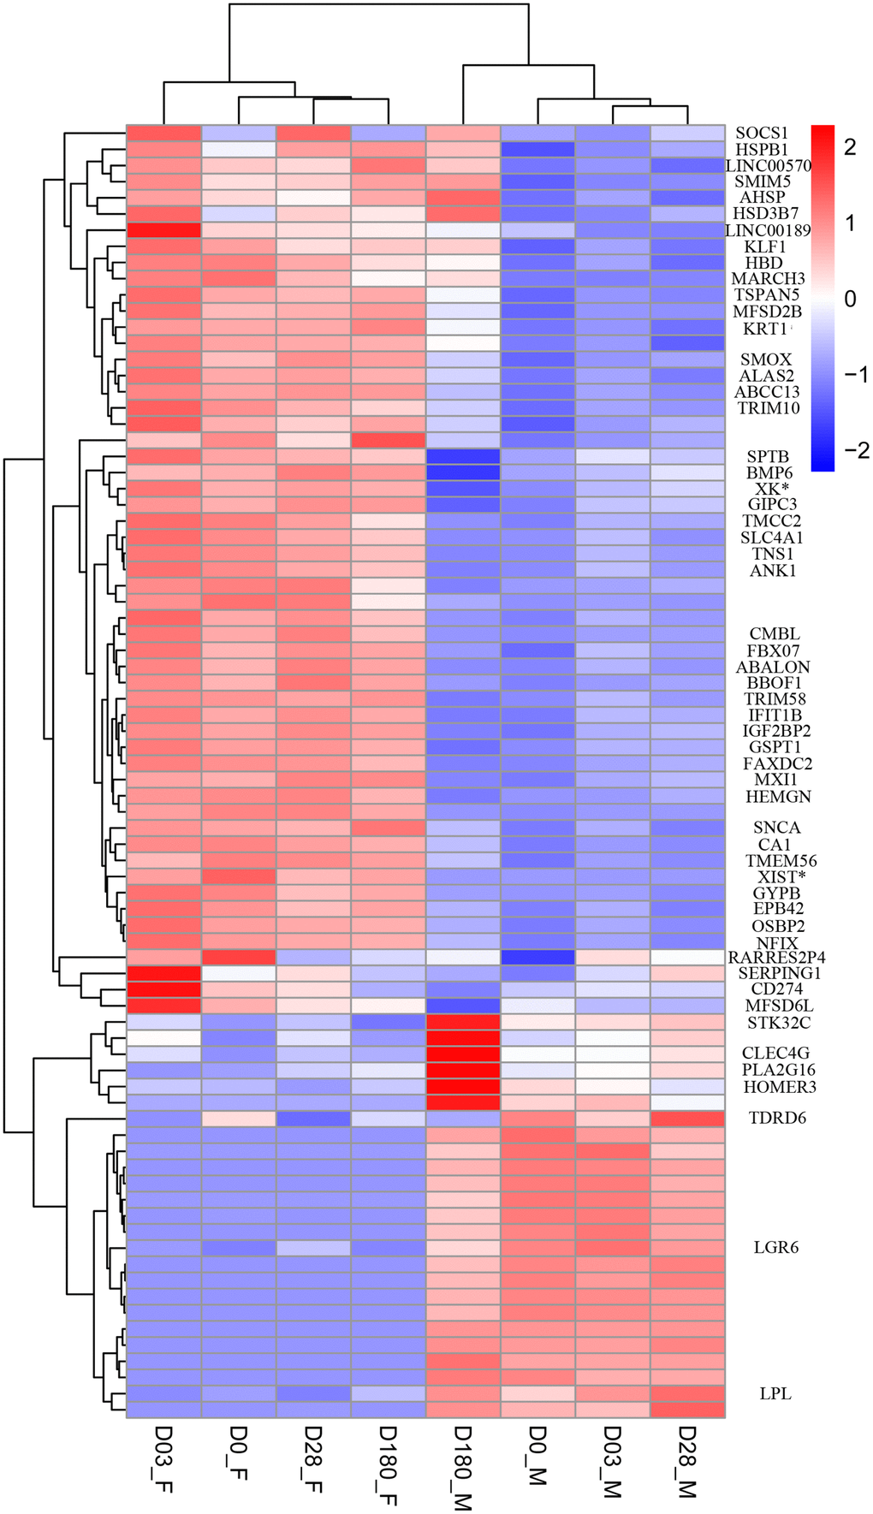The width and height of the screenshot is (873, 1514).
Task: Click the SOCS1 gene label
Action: coord(762,134)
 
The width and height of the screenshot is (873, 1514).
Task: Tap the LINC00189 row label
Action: coord(768,230)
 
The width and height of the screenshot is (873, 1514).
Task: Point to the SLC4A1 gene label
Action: coord(771,537)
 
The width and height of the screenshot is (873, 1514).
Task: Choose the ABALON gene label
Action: coord(773,668)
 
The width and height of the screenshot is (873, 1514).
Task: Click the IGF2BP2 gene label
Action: coord(776,732)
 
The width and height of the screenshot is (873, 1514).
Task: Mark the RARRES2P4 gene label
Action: coord(776,958)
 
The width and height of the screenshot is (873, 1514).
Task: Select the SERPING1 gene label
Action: coord(779,974)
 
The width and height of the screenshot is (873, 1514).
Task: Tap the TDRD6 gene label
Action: coord(777,1119)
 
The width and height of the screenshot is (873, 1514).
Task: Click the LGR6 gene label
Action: coord(775,1248)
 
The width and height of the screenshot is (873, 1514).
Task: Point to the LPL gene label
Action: coord(775,1394)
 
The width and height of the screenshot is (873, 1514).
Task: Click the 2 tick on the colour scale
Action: coord(850,147)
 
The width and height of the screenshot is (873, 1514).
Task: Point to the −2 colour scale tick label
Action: coord(851,451)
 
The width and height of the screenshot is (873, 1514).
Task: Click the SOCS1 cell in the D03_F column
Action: coord(163,134)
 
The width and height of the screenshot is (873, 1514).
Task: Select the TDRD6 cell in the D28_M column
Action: coord(687,1119)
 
